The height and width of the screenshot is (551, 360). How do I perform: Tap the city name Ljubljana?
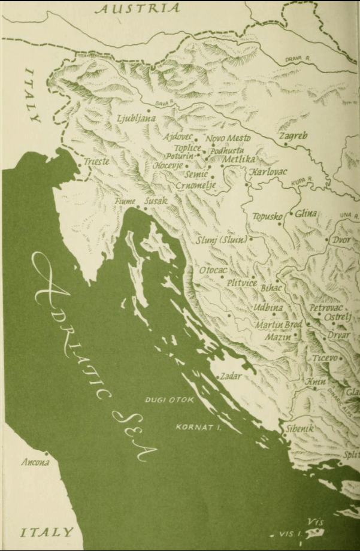136,118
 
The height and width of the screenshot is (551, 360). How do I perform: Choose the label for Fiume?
125,201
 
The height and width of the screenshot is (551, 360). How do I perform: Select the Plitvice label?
241,283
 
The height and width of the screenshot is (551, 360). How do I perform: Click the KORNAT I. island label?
195,428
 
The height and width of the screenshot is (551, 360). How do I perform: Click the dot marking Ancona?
46,453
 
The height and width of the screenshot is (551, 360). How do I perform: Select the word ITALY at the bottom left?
47,532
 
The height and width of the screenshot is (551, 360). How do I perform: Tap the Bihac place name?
272,288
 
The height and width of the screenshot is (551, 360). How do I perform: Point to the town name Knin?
316,382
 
